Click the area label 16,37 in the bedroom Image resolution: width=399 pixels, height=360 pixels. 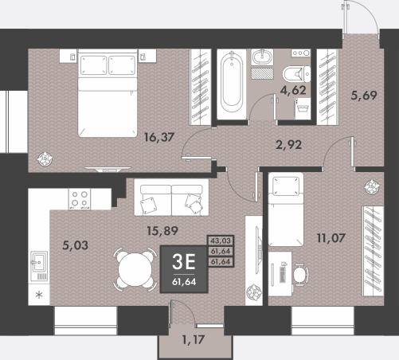click(x=159, y=137)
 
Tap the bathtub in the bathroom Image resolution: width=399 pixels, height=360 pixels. click(x=232, y=84)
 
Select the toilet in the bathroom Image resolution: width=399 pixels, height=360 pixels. click(x=296, y=74)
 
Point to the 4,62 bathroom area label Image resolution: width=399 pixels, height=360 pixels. click(x=293, y=91)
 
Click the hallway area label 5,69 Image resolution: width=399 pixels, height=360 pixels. click(x=364, y=96)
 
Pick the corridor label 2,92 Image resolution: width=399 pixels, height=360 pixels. click(x=289, y=145)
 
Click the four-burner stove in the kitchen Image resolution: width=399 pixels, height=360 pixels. click(x=80, y=199)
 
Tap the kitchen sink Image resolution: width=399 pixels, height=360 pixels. click(x=39, y=266)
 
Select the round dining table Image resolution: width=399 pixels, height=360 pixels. click(x=135, y=270)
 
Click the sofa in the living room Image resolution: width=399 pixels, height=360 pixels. click(x=171, y=197)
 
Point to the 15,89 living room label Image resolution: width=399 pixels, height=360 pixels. click(x=162, y=231)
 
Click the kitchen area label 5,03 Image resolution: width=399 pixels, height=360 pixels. click(x=75, y=245)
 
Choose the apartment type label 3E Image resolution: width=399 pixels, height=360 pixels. click(x=184, y=261)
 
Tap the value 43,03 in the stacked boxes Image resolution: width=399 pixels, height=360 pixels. click(x=221, y=241)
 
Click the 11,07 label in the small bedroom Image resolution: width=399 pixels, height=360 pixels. click(x=331, y=238)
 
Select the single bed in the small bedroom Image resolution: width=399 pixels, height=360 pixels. click(x=286, y=209)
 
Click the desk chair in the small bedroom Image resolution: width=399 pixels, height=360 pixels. click(x=301, y=275)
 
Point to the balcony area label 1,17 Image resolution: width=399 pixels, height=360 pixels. click(x=194, y=340)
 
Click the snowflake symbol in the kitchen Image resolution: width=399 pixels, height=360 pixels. click(x=39, y=295)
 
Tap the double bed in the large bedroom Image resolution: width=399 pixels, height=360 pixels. click(x=108, y=93)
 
